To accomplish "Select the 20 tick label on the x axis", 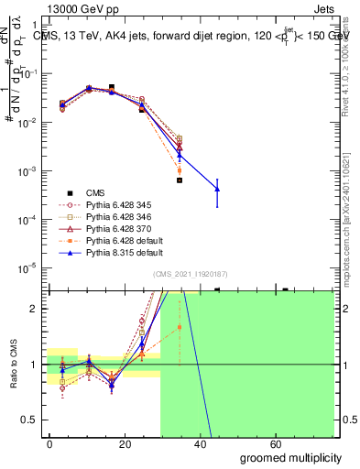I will pos(125,443).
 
